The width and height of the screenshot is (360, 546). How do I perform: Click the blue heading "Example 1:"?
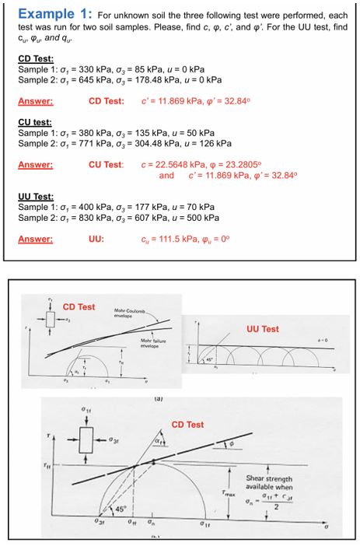(54, 14)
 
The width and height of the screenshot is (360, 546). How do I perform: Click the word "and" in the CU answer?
(166, 175)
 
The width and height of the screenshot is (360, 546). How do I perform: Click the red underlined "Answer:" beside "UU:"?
(35, 239)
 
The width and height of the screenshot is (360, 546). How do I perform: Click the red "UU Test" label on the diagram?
(262, 329)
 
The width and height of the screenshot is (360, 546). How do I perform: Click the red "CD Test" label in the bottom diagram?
(187, 425)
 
